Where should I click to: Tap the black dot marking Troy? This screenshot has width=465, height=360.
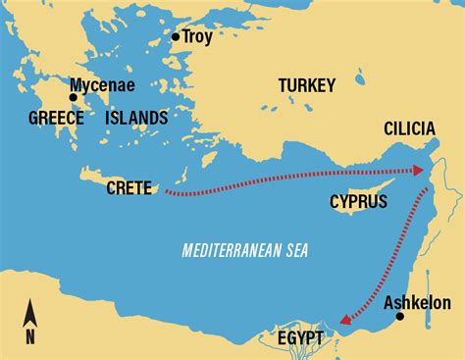pos(176,37)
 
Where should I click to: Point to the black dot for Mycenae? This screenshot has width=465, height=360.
pos(73,97)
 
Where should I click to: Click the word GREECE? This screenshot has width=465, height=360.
pos(57,118)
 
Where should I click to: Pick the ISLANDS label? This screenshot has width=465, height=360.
pos(137,118)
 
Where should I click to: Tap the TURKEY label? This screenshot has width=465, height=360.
pos(307,84)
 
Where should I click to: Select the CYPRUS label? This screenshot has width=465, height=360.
pos(358,201)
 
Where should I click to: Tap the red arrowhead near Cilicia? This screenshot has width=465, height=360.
pos(421,171)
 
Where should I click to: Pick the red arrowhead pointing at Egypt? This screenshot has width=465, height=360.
pos(343,318)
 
